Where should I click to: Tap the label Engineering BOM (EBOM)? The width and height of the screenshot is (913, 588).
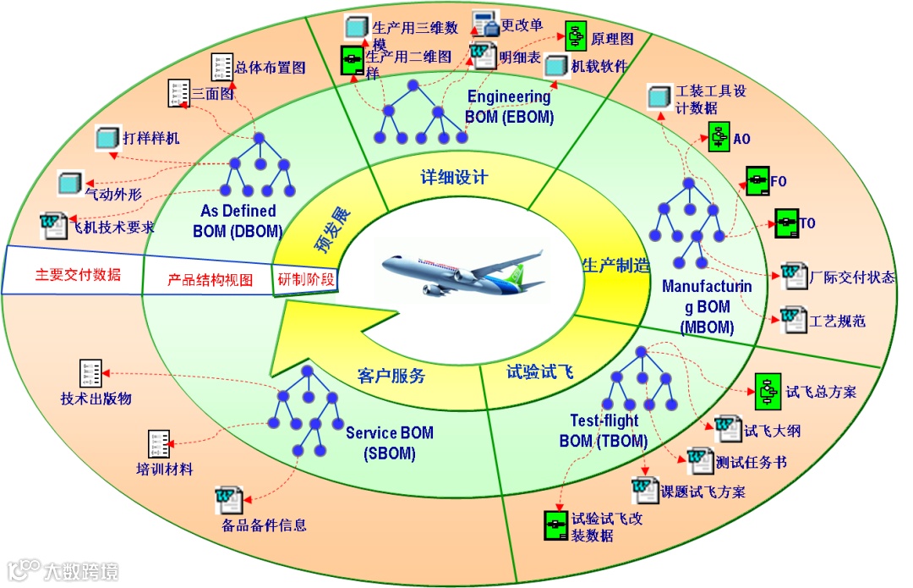click(510, 107)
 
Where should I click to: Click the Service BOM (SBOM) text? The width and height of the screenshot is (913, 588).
click(389, 442)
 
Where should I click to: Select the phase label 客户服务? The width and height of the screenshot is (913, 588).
click(391, 376)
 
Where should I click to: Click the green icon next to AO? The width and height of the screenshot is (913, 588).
click(719, 138)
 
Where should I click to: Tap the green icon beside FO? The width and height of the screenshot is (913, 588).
click(755, 180)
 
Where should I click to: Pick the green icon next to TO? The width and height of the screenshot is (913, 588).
click(787, 223)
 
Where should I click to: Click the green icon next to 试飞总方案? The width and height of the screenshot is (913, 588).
click(768, 388)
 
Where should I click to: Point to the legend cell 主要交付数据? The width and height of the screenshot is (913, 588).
click(78, 275)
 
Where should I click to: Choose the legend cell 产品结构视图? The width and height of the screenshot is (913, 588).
click(210, 280)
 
